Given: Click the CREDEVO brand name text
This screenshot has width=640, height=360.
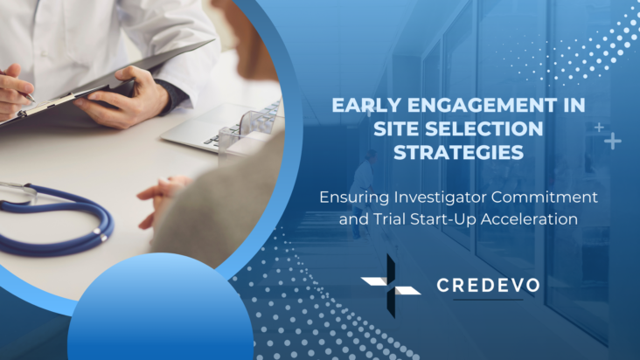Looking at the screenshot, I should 488,286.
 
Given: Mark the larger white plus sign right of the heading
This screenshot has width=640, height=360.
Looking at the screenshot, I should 614,141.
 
